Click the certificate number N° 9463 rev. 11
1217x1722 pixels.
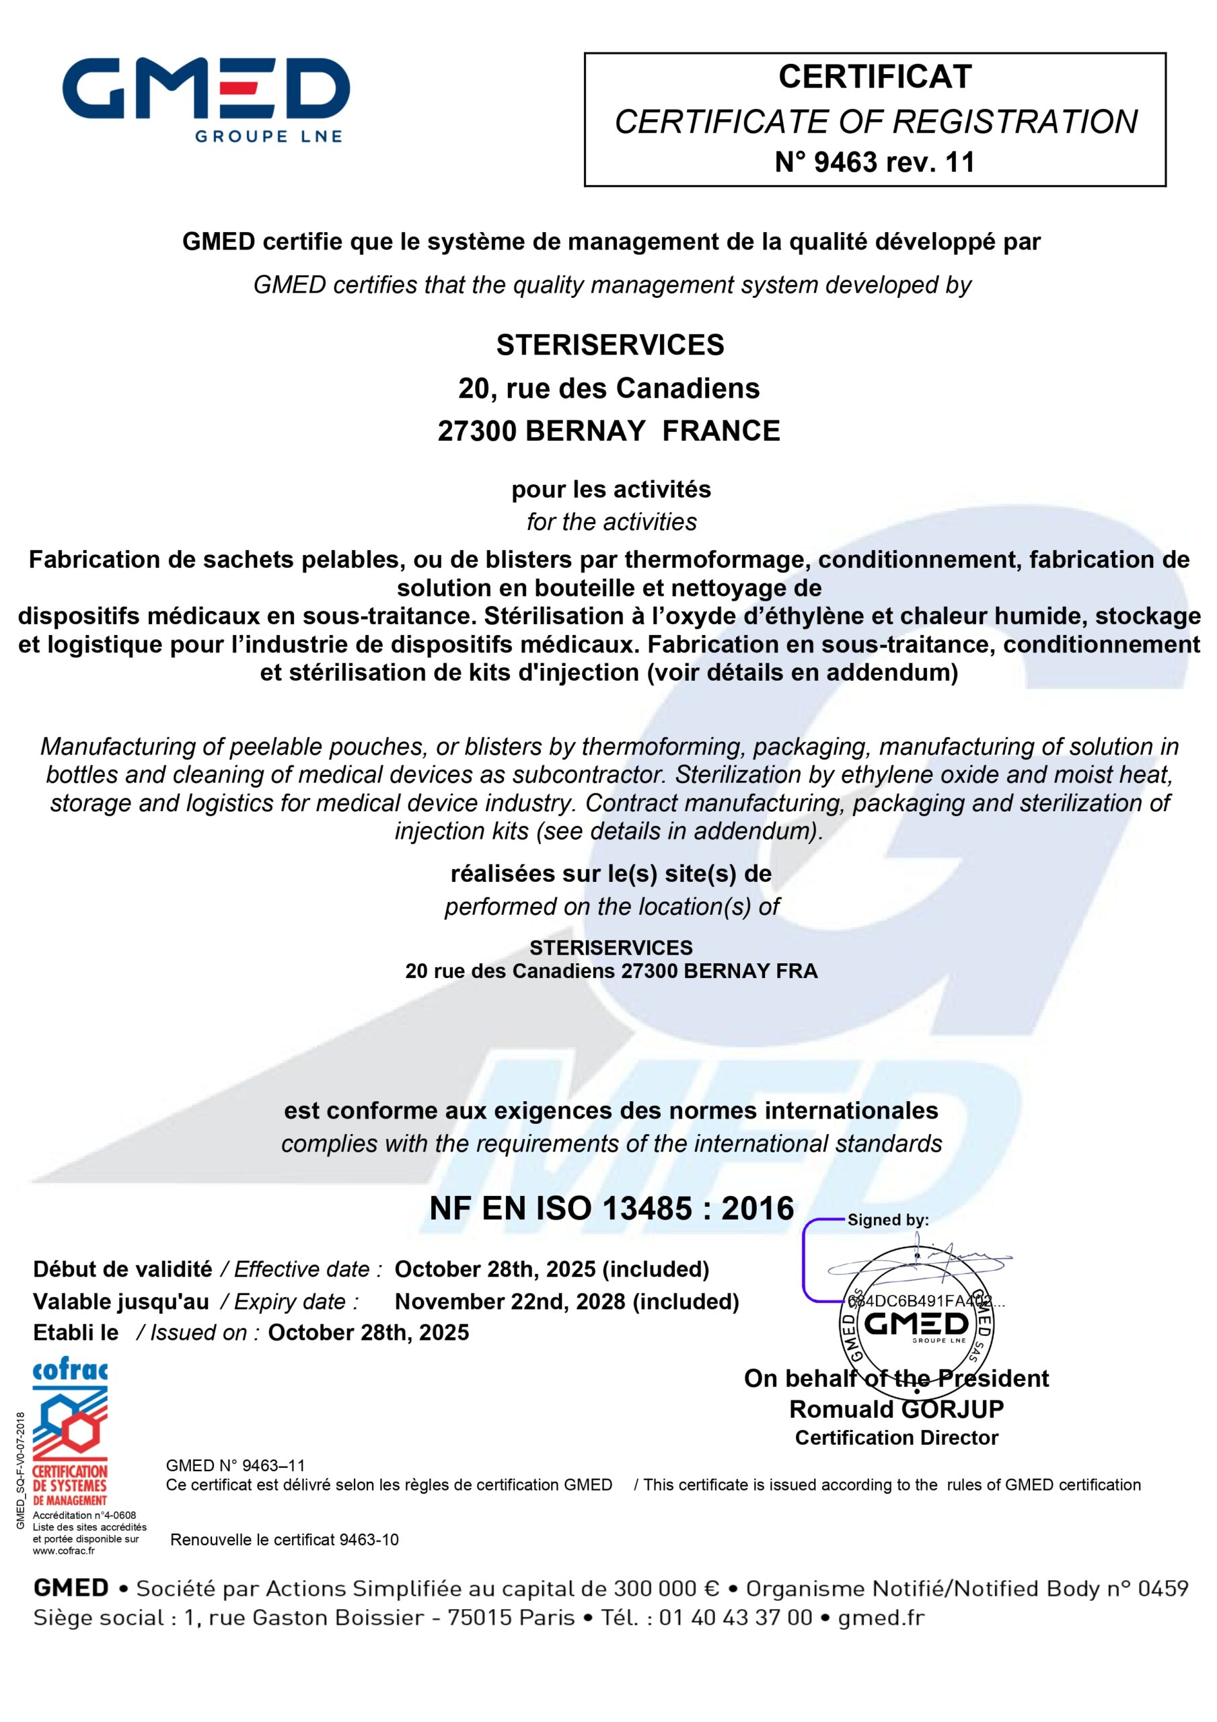874,162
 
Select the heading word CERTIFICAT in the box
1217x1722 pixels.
875,77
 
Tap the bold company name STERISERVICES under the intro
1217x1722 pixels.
610,345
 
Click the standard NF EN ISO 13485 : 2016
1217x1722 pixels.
611,1208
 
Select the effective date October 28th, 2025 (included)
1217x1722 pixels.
552,1269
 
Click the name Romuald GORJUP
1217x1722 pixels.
896,1409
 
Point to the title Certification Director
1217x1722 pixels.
896,1437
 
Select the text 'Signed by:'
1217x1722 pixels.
887,1220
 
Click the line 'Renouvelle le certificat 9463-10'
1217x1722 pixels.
285,1540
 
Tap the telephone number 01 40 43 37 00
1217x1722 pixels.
735,1617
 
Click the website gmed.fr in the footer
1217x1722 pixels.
881,1617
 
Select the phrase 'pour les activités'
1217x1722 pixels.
611,490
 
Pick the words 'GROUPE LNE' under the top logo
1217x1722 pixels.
268,137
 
